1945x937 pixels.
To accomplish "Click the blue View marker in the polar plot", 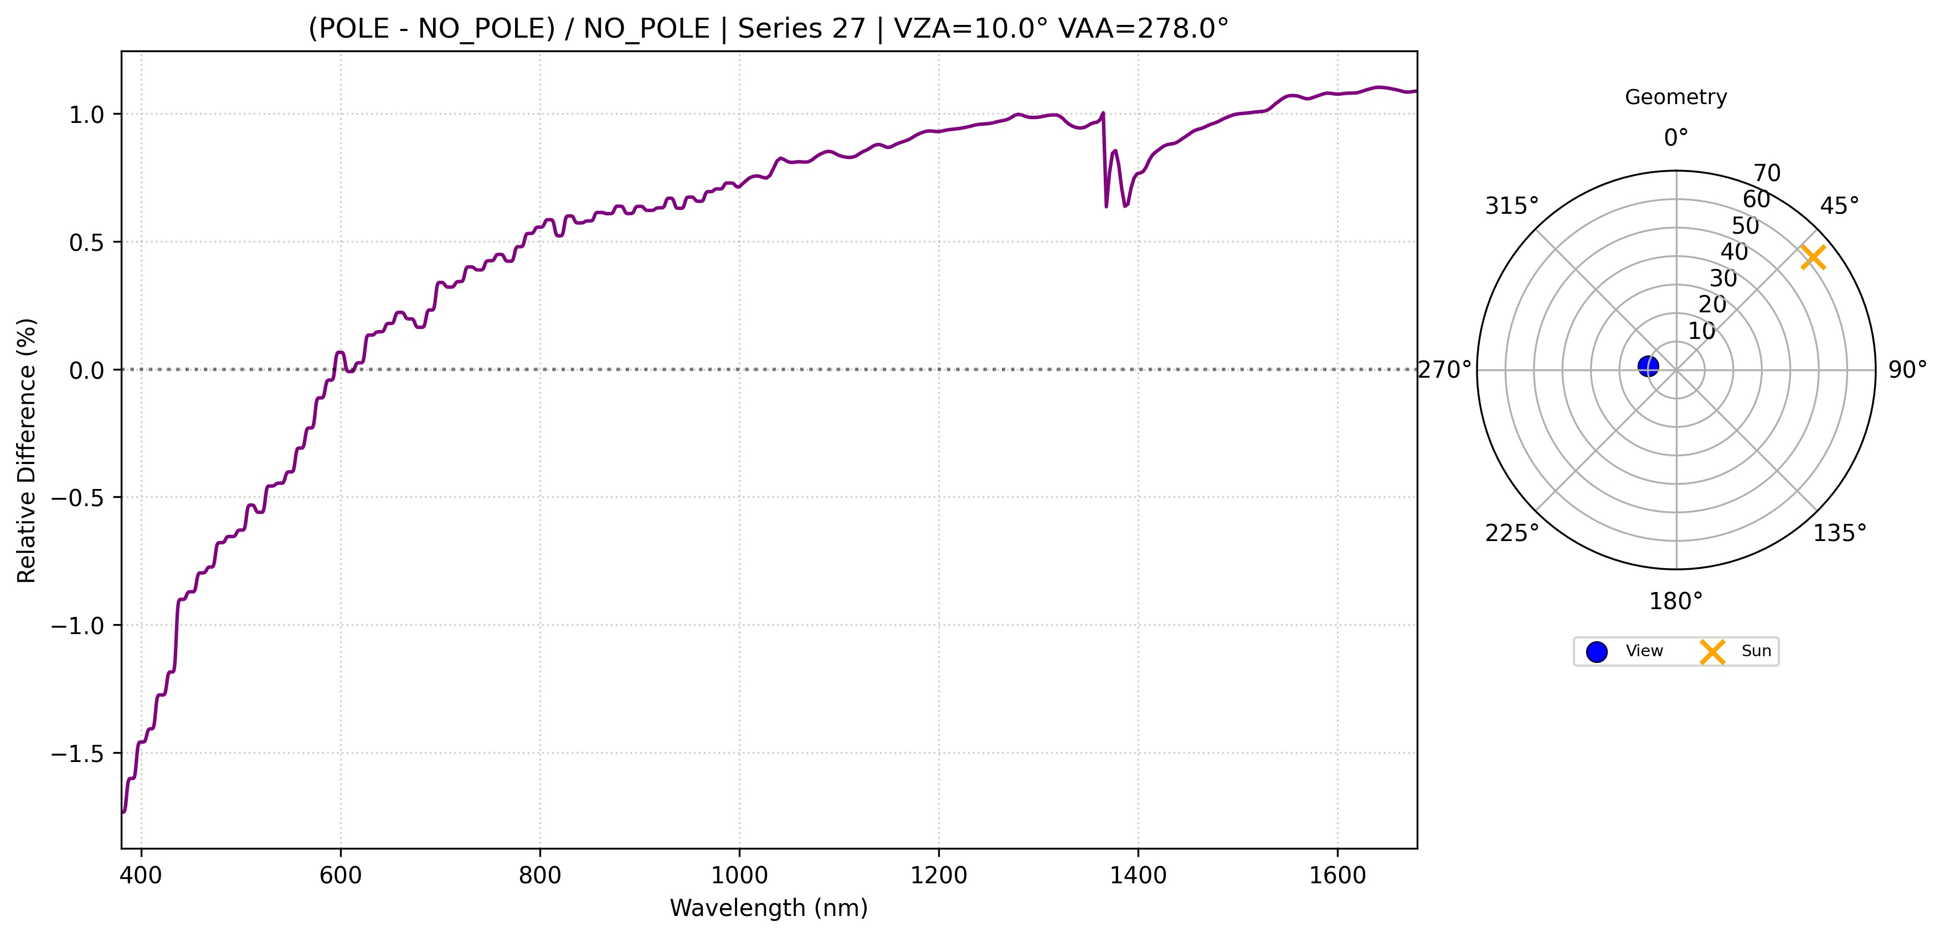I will (x=1648, y=366).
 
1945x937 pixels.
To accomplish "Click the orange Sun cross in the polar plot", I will (x=1813, y=257).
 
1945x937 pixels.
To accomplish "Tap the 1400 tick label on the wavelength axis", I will (x=1138, y=876).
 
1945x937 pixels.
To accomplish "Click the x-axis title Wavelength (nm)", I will (x=769, y=908).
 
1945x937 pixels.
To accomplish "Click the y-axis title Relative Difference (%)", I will (x=27, y=451).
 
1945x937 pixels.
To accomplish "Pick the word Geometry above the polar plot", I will (x=1675, y=97).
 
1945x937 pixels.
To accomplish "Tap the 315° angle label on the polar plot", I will (x=1511, y=206).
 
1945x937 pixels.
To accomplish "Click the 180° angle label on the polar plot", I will (x=1675, y=602).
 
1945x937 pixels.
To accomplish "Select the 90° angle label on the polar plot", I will (x=1907, y=370).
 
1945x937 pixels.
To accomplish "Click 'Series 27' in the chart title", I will (x=801, y=29).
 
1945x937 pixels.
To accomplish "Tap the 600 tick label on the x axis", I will (x=341, y=876).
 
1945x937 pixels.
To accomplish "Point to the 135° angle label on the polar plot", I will (x=1840, y=534).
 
